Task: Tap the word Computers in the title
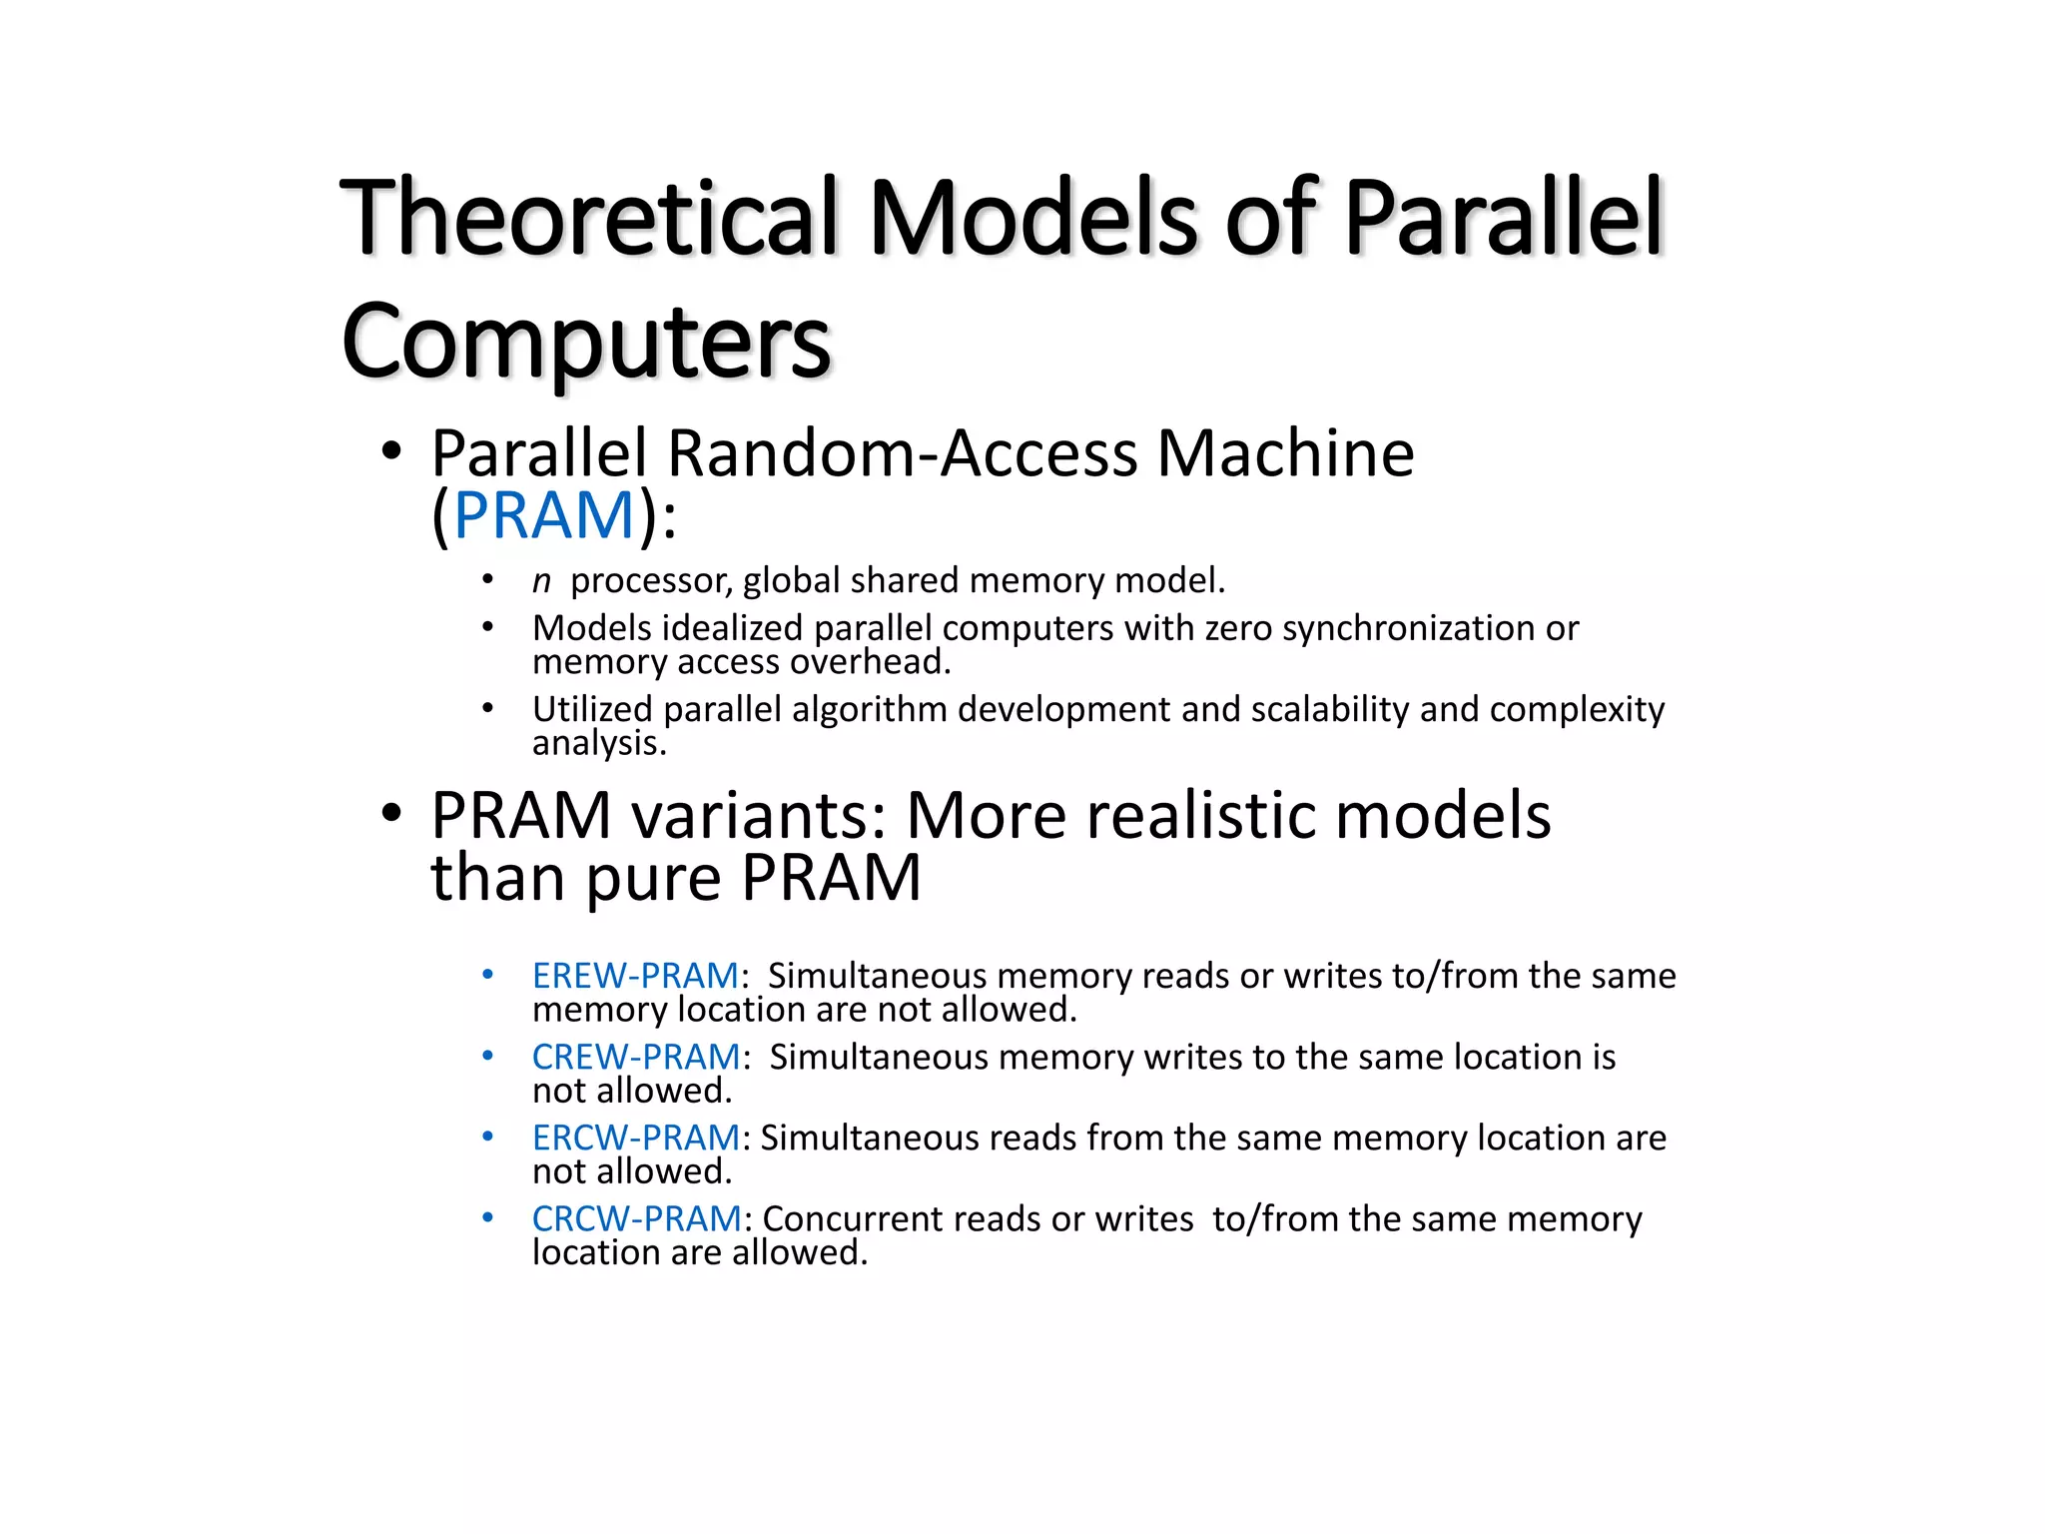tap(585, 343)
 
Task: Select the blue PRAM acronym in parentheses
tap(544, 515)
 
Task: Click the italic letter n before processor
tap(541, 581)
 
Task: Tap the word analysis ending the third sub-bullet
tap(598, 743)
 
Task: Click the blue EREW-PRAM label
tap(635, 976)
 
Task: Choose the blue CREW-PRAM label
tap(636, 1057)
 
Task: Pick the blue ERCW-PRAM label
tap(636, 1138)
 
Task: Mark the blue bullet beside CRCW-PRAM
tap(487, 1217)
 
